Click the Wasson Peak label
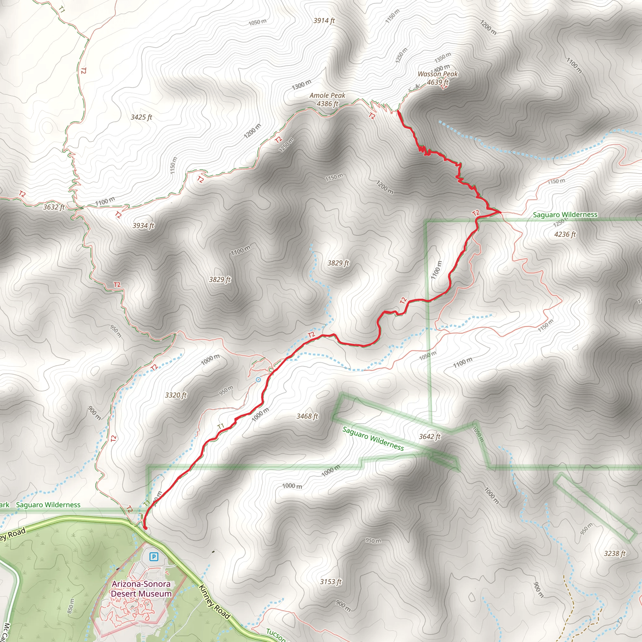pos(438,74)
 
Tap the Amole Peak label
pos(327,96)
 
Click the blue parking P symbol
pos(154,556)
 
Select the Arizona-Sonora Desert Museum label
pos(141,588)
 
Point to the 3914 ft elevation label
pos(324,21)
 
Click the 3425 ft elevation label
pos(141,117)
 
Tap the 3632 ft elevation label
pos(54,207)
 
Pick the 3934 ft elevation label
pos(144,226)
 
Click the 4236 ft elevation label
pos(565,234)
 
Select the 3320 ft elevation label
pos(176,395)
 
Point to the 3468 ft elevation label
pos(307,416)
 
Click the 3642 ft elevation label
pos(430,437)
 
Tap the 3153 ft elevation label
pos(331,581)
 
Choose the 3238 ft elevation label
pos(615,553)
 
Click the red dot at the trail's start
pos(145,527)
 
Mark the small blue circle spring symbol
pos(258,380)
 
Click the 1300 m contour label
pos(302,85)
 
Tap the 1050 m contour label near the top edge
pos(258,22)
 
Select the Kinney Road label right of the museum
pos(214,602)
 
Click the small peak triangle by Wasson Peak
pos(417,86)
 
